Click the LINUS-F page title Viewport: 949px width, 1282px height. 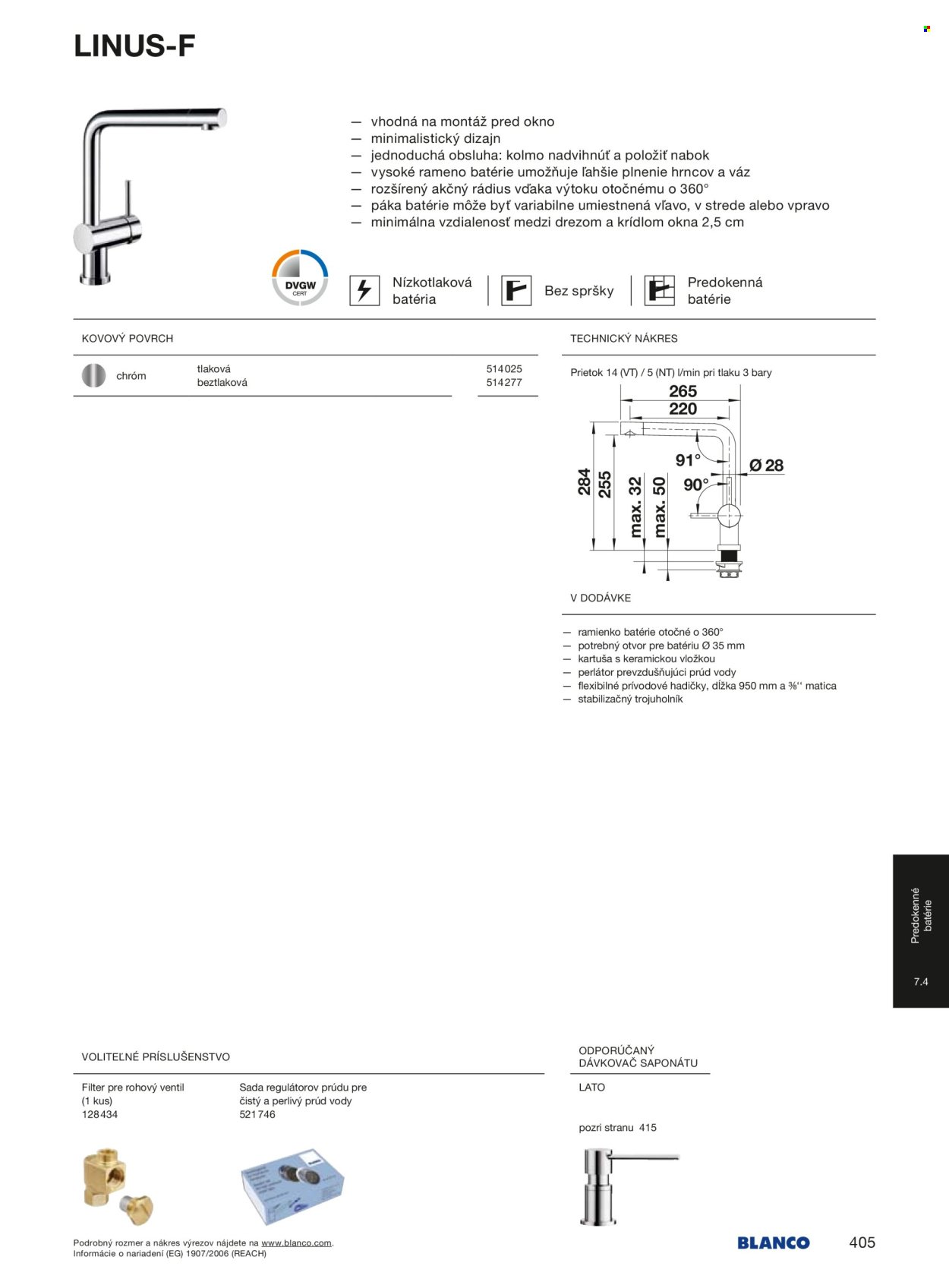point(134,47)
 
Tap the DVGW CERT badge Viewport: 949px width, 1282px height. point(300,278)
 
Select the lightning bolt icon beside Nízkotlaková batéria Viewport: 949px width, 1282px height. point(364,290)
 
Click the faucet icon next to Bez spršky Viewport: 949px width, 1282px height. point(516,290)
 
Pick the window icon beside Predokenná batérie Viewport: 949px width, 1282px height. point(659,290)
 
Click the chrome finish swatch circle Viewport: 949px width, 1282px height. point(94,376)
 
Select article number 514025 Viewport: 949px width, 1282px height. point(504,369)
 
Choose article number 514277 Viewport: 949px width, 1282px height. point(504,383)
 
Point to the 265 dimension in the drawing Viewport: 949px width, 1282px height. point(683,391)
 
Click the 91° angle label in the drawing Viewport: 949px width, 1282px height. point(688,460)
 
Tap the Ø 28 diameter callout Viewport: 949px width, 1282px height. point(766,466)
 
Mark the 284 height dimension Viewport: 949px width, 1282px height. point(584,482)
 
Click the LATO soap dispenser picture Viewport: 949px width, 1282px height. point(623,1185)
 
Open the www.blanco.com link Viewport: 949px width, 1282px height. point(296,1243)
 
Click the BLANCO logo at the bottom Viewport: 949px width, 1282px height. point(773,1243)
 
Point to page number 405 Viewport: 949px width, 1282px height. point(862,1243)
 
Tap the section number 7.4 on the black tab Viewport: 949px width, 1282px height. point(921,982)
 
